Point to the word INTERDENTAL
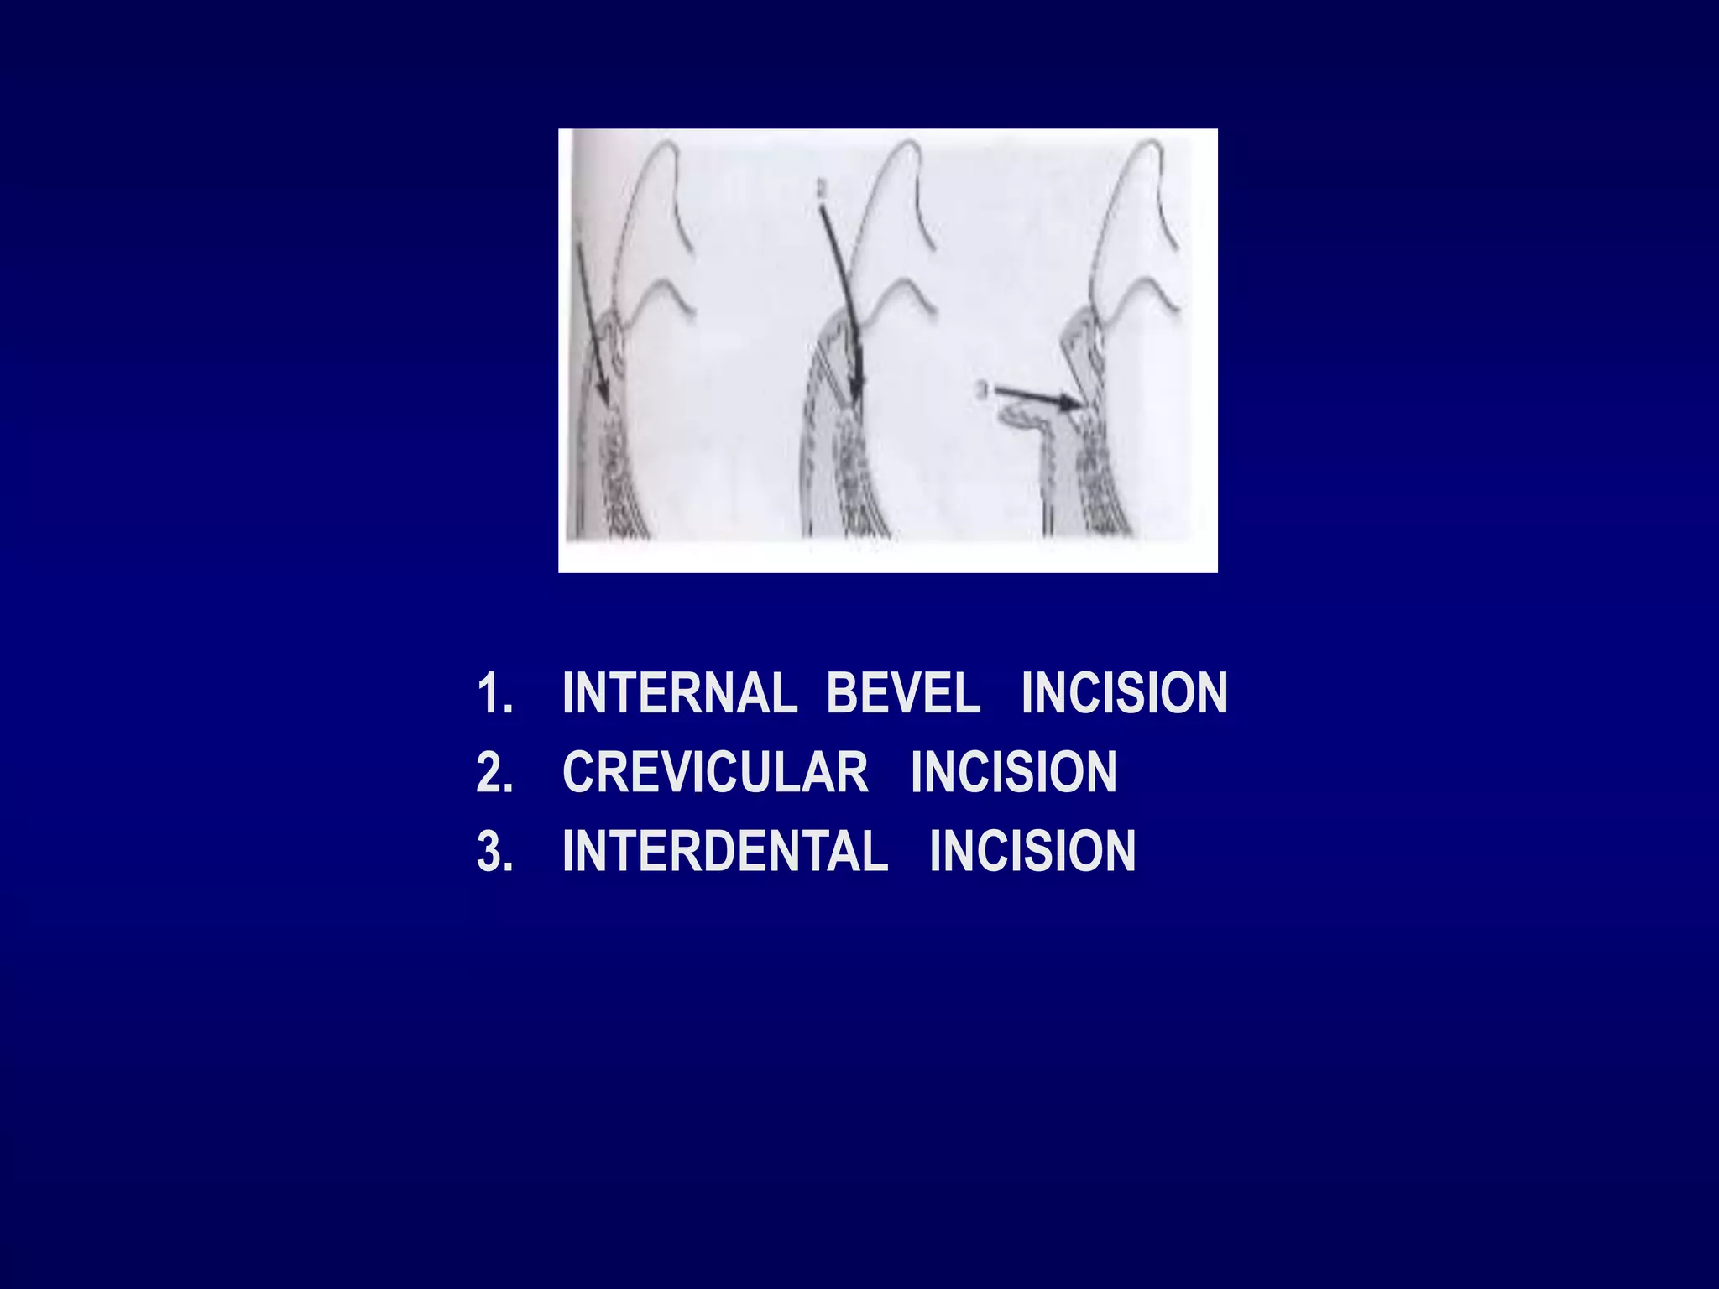click(x=725, y=851)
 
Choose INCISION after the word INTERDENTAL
click(x=1032, y=851)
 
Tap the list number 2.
click(x=494, y=773)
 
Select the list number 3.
click(x=494, y=852)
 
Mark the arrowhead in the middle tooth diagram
click(x=855, y=389)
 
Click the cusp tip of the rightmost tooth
click(x=1150, y=144)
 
